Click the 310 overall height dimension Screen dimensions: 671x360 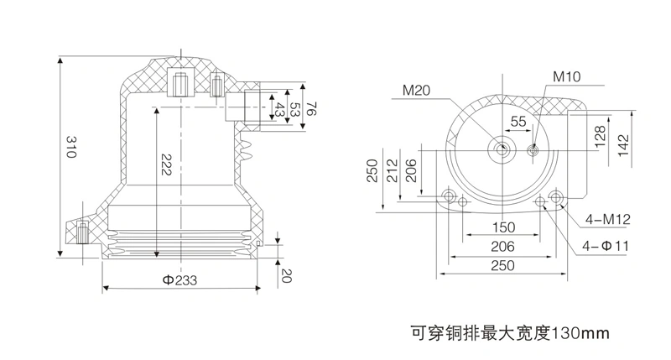tap(71, 147)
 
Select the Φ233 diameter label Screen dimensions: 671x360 tap(179, 280)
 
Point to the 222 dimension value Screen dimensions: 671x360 tap(165, 164)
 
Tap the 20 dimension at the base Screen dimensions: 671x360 tap(286, 276)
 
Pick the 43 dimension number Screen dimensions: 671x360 tap(279, 110)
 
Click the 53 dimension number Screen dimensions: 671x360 tap(295, 109)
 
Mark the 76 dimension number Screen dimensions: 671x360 tap(311, 108)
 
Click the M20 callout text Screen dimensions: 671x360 tap(416, 91)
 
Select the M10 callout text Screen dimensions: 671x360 tap(567, 76)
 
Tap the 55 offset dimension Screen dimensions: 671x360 tap(518, 121)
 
